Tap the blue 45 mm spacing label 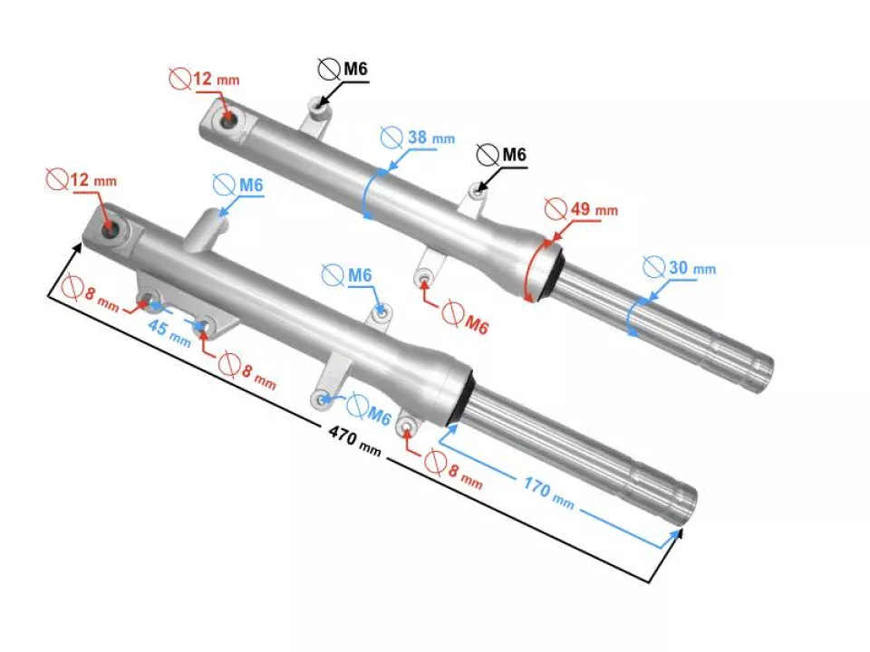click(169, 332)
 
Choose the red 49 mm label click(593, 210)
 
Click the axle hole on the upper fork click(227, 121)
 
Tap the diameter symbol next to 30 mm click(652, 267)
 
